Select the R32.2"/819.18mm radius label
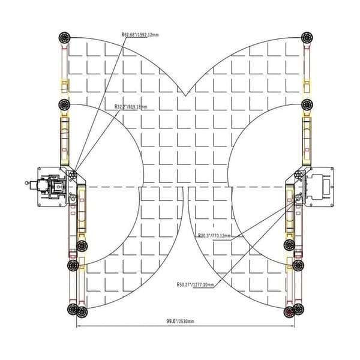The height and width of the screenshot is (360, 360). point(131,107)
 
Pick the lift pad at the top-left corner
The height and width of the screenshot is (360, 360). point(64,38)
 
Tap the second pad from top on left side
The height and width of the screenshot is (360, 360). point(64,104)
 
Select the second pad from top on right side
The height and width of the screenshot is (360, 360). point(307,104)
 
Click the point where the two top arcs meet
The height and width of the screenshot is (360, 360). point(186,95)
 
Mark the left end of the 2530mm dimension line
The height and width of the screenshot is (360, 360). point(77,327)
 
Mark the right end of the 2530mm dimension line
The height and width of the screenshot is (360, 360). point(294,327)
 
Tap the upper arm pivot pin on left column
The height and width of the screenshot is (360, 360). point(73,175)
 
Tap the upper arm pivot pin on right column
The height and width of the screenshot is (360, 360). point(297,175)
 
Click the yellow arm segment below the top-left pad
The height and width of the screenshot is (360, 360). point(64,84)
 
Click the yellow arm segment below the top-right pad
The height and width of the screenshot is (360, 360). point(307,84)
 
